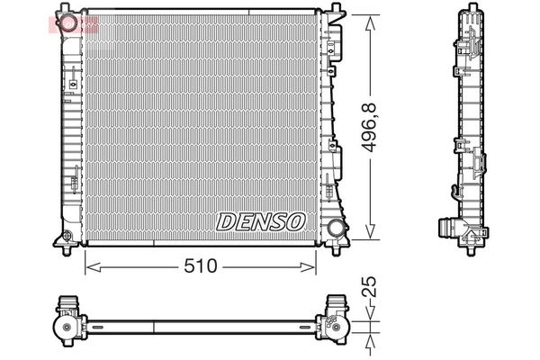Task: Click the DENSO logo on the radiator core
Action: pos(261,221)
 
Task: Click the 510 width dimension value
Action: pos(201,266)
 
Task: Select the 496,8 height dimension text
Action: pos(369,128)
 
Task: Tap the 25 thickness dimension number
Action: pos(369,286)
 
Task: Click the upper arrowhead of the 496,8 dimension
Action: pos(370,24)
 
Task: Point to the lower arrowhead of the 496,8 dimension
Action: pos(370,231)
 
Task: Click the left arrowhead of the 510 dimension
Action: pos(93,267)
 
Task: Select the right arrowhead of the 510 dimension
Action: pos(308,267)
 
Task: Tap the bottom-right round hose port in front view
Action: pos(336,228)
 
